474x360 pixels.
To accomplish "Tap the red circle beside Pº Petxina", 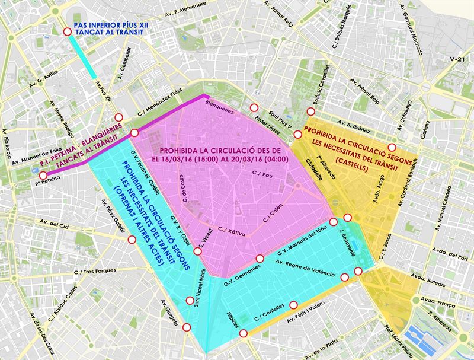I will (x=42, y=175).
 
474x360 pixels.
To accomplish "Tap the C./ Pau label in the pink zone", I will (x=262, y=174).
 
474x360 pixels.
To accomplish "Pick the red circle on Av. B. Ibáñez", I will (x=391, y=147).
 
